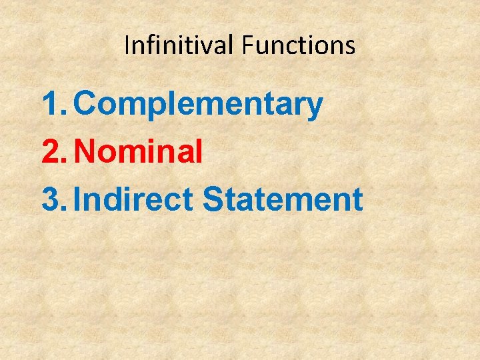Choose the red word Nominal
pyautogui.click(x=138, y=152)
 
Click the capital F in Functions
pyautogui.click(x=247, y=45)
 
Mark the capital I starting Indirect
pyautogui.click(x=78, y=199)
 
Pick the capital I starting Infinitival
pyautogui.click(x=127, y=45)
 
